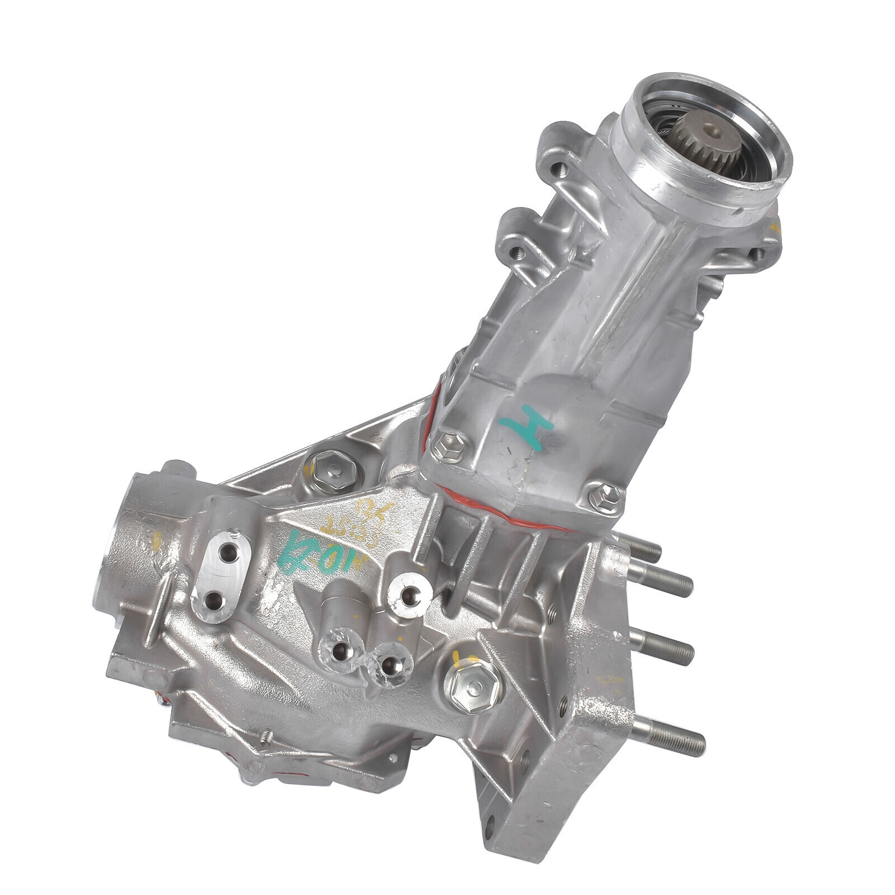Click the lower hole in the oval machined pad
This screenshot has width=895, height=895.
215,601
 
